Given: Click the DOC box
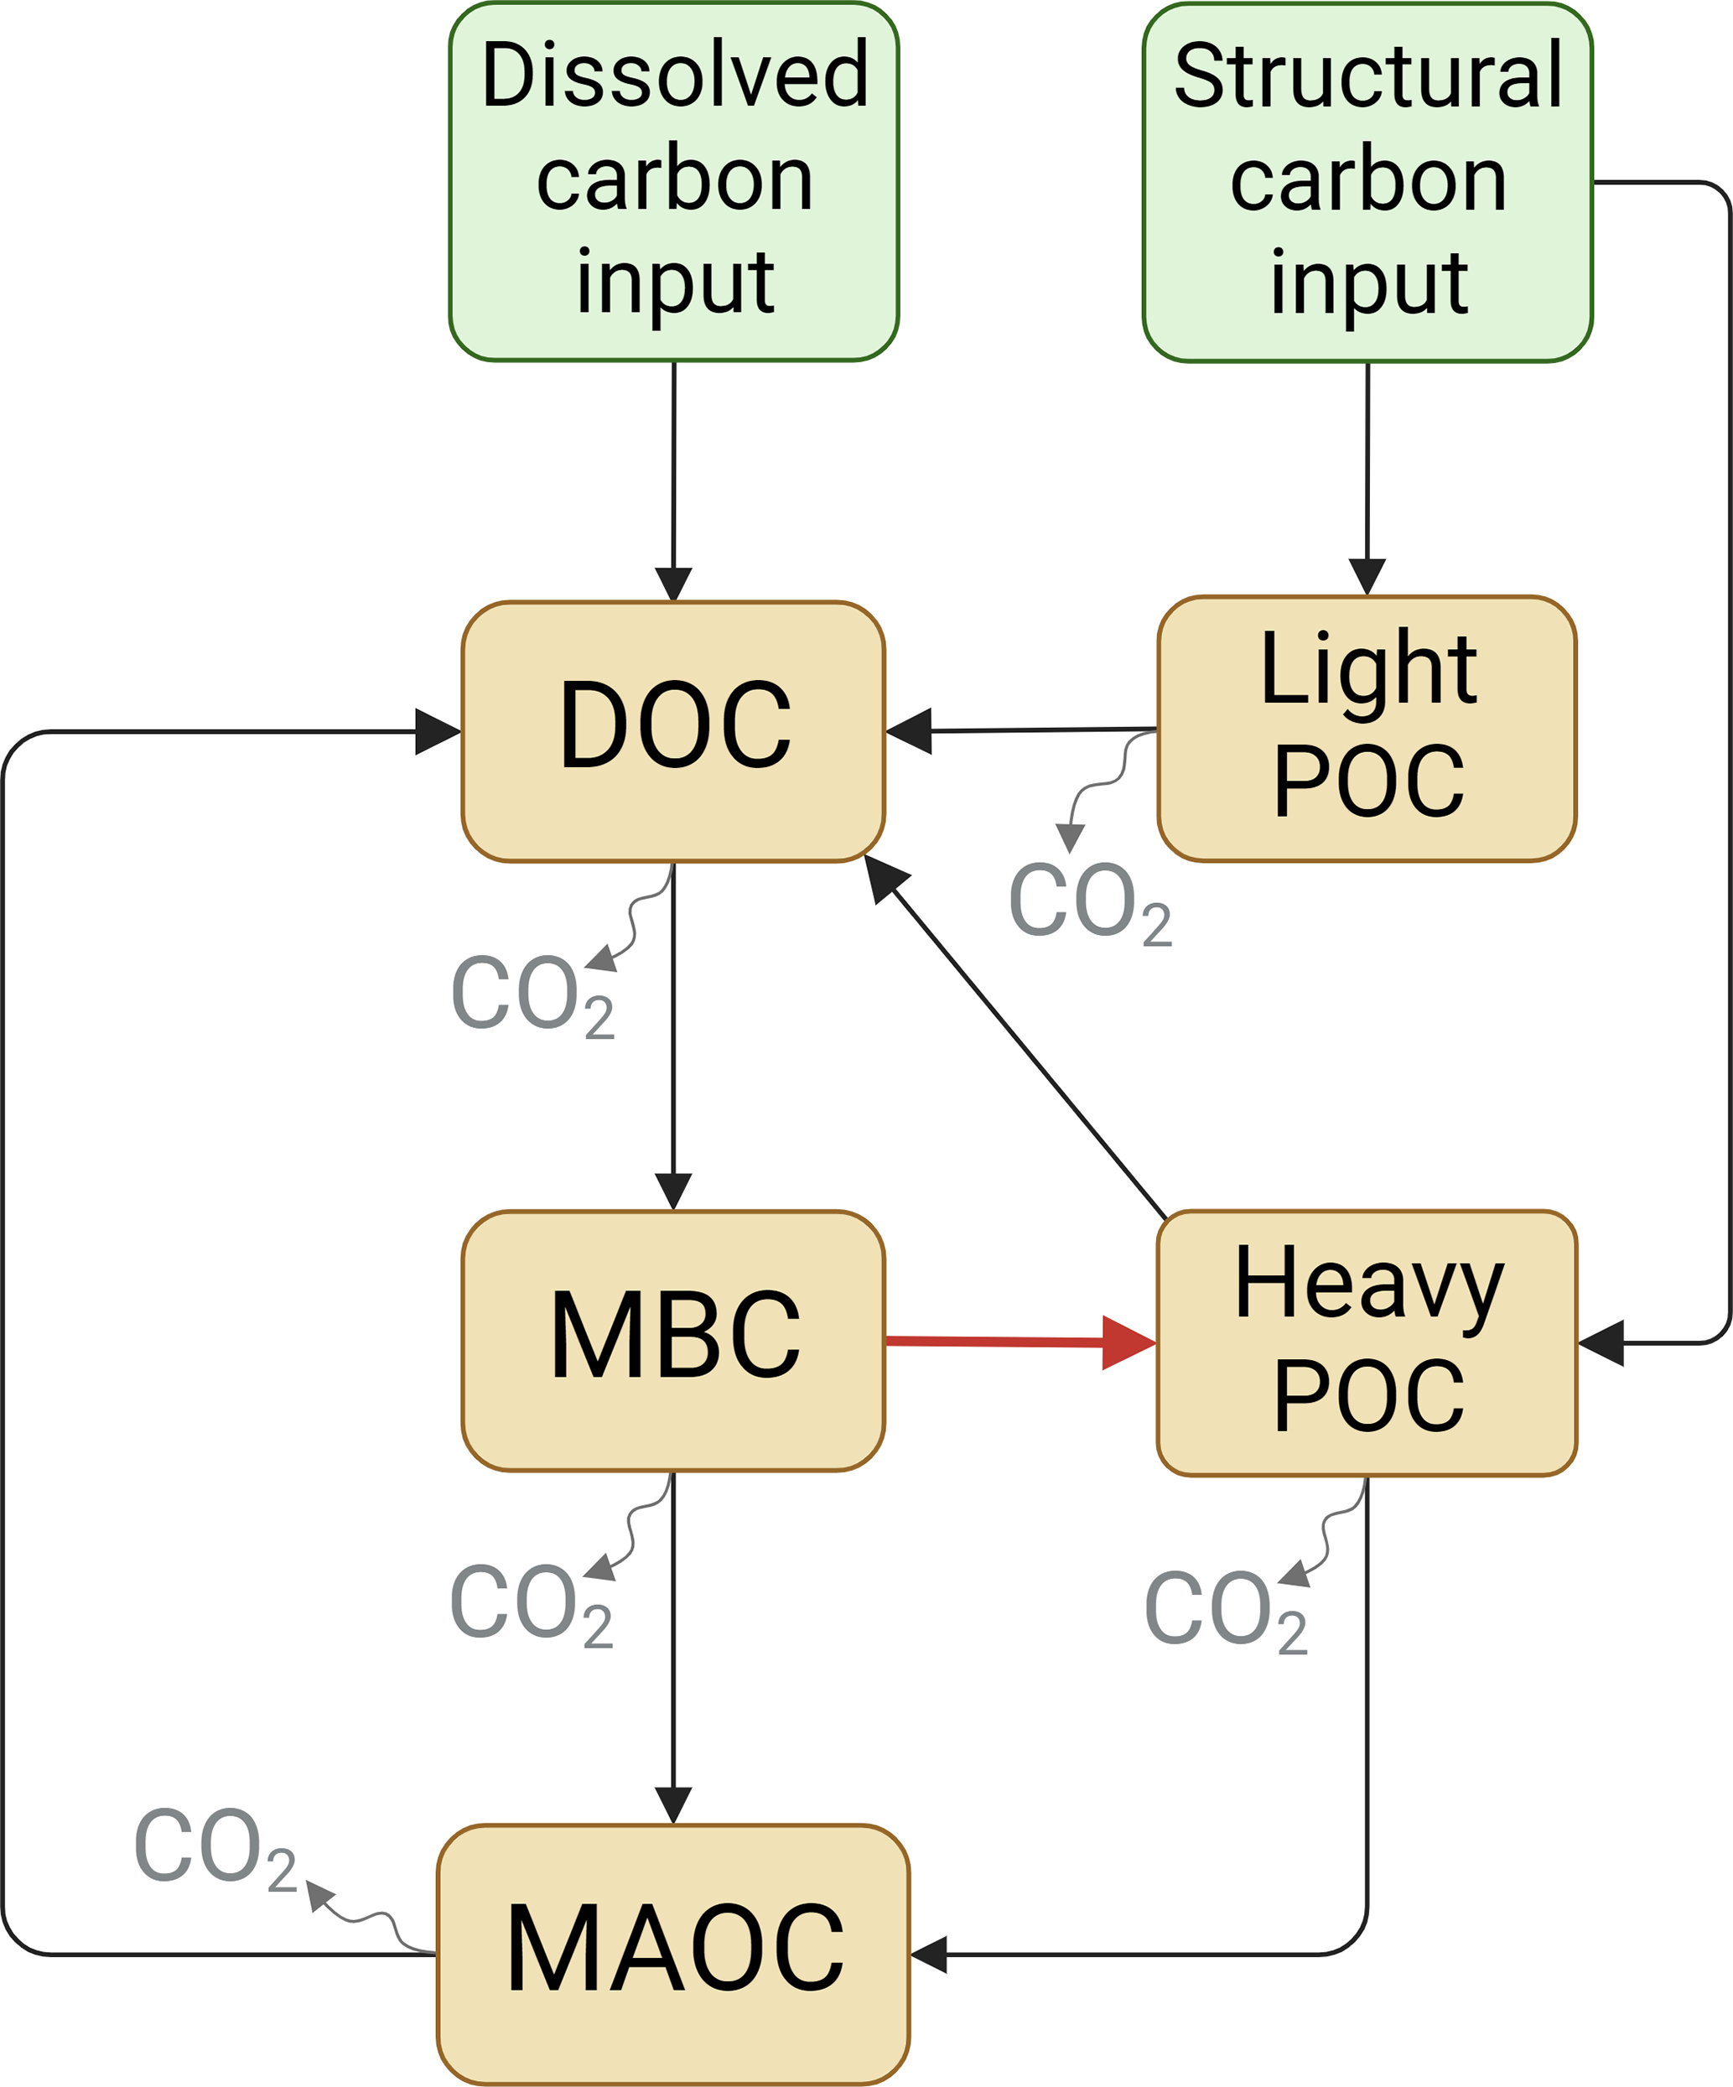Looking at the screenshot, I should (x=672, y=731).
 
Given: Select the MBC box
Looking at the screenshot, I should (x=672, y=1341).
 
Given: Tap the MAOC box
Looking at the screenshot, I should (x=672, y=1953).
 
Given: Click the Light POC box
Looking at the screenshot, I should (x=1367, y=729).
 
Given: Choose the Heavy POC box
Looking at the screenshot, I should (x=1367, y=1342).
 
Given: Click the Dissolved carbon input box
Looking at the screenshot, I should (x=674, y=182).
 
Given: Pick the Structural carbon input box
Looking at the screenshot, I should (x=1367, y=182).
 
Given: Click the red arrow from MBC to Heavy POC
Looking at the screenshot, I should (x=1014, y=1342).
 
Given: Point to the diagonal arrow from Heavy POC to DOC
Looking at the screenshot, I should (x=1024, y=1043).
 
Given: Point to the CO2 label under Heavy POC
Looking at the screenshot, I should (x=1225, y=1610).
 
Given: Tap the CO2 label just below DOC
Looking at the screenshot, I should (x=532, y=994).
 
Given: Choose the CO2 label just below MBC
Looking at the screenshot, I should (x=531, y=1603).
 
